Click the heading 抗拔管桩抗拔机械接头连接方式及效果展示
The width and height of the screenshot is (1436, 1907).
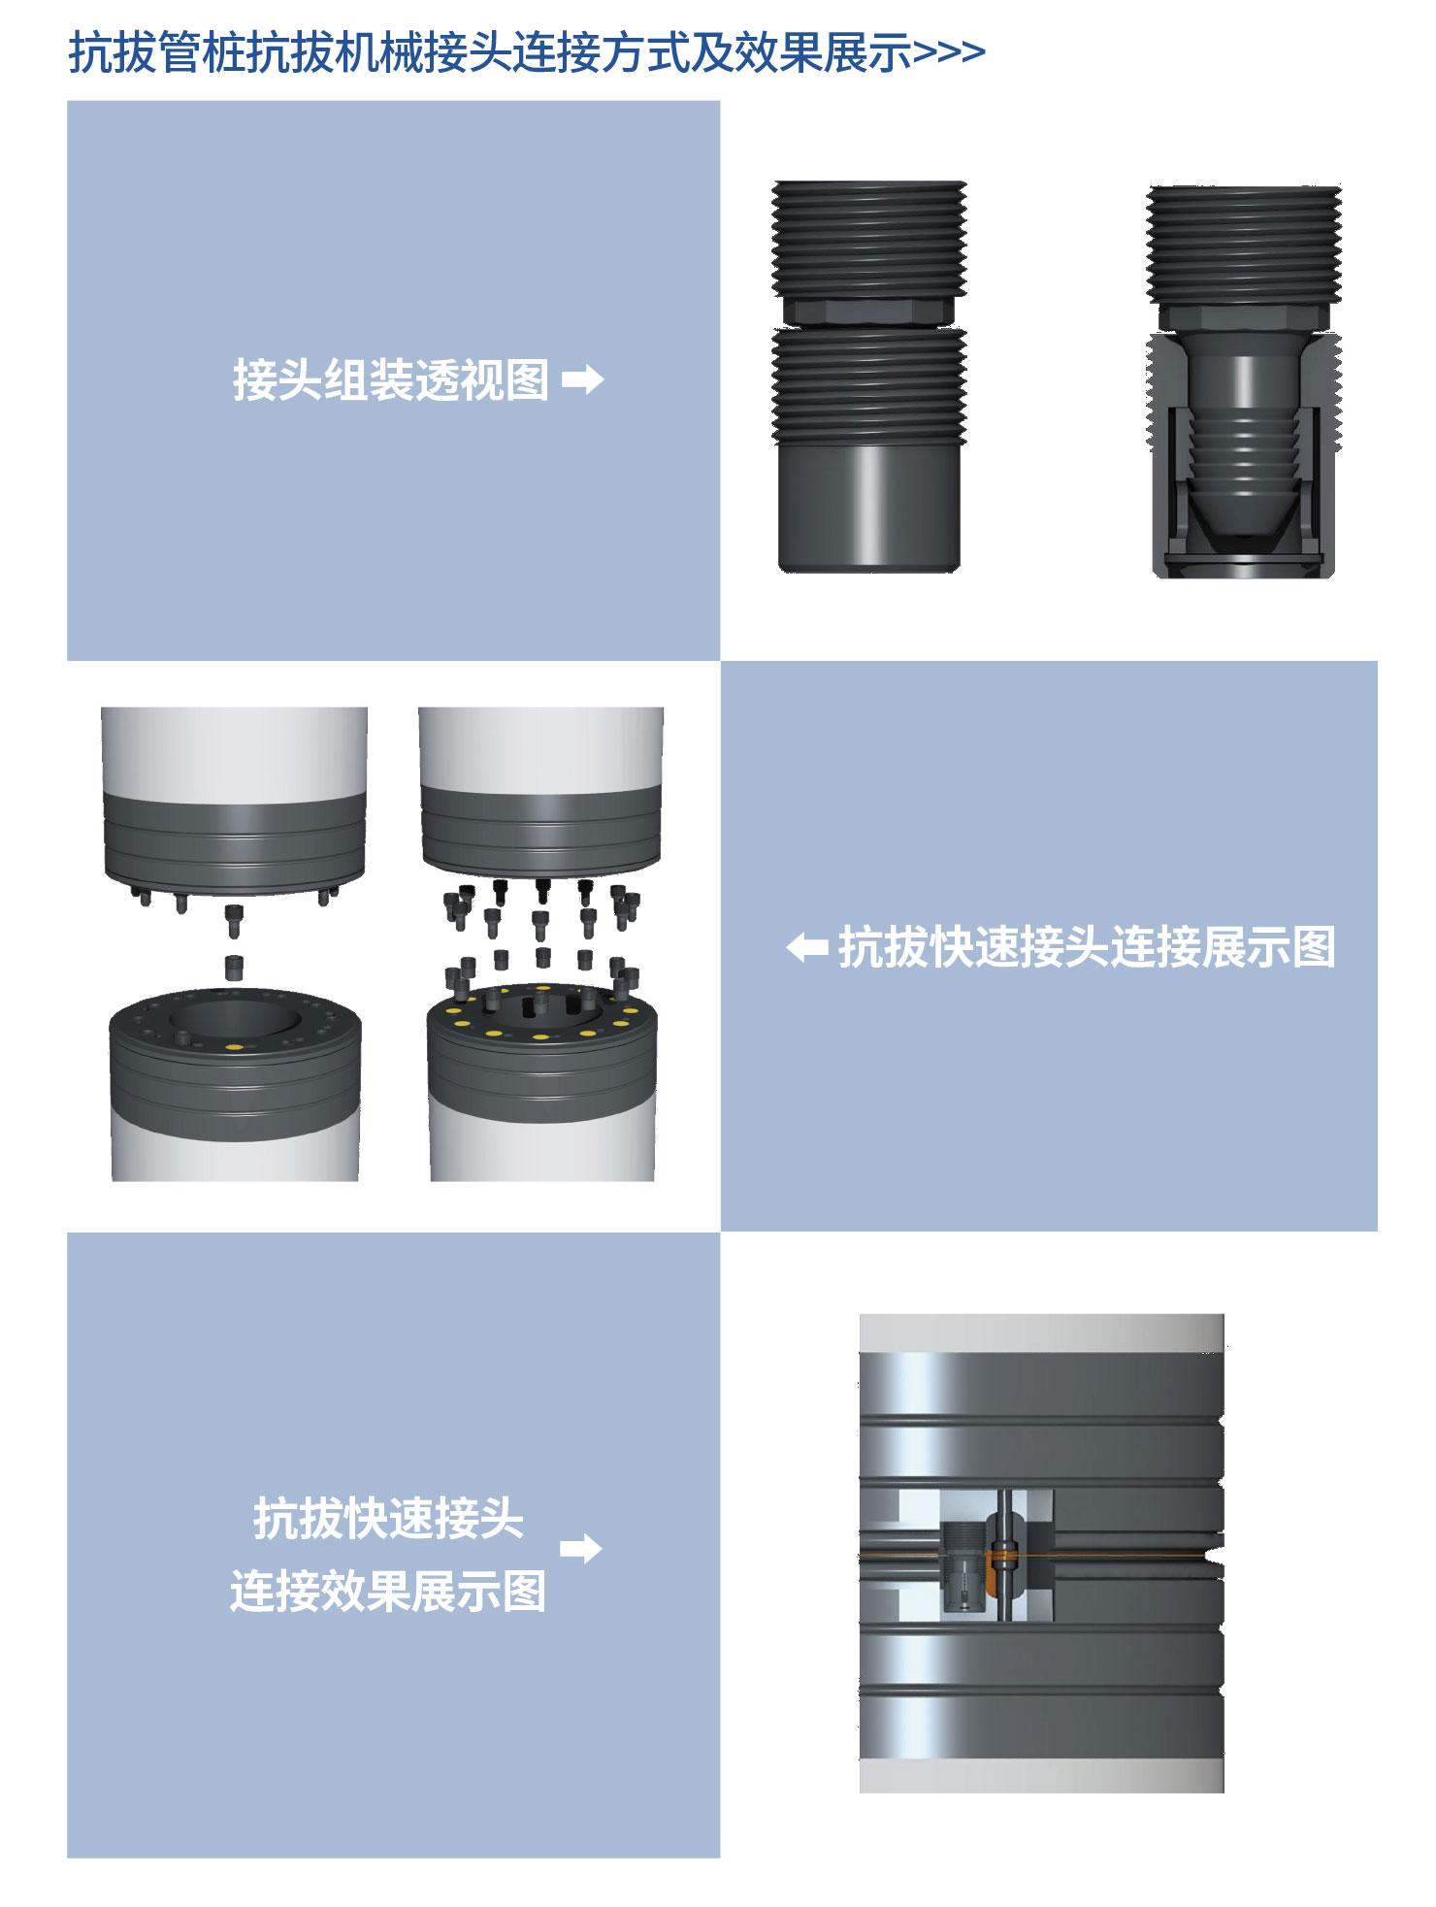tap(490, 52)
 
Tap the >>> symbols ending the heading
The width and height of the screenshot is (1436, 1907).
tap(949, 52)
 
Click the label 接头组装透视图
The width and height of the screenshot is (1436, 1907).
tap(390, 379)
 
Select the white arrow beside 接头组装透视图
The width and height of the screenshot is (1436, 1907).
tap(582, 379)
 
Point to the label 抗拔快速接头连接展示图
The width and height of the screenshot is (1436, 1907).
tap(1087, 947)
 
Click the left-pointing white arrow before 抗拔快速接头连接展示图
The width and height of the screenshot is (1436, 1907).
tap(807, 947)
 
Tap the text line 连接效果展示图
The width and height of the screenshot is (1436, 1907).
tap(388, 1592)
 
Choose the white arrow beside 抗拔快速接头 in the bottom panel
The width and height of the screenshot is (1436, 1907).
tap(581, 1548)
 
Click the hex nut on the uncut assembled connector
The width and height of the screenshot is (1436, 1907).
tap(868, 311)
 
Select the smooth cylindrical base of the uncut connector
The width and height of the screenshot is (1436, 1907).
tap(869, 508)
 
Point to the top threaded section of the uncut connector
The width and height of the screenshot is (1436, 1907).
tap(869, 239)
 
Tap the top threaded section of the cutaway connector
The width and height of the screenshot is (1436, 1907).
tap(1244, 245)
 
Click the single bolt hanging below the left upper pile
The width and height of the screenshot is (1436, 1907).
tap(235, 920)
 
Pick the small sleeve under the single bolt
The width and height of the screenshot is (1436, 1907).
tap(234, 968)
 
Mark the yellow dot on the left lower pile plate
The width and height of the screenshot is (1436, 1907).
tap(233, 1047)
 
